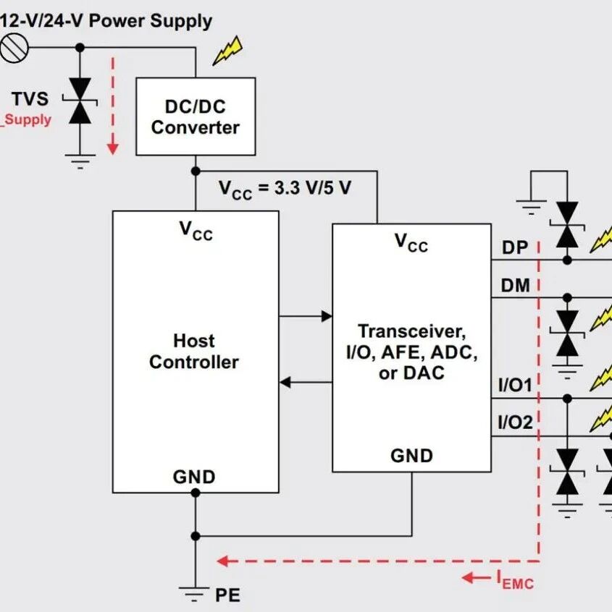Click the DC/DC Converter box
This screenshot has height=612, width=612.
click(196, 116)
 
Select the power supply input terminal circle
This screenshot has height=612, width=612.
click(14, 48)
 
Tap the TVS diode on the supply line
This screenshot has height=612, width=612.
click(80, 101)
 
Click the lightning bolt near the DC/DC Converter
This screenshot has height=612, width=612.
click(227, 51)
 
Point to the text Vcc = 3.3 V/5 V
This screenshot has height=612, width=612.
click(285, 190)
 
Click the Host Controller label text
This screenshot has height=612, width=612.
click(194, 352)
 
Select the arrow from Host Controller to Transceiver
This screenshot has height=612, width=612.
click(306, 316)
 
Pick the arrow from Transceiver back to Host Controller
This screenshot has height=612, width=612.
click(306, 382)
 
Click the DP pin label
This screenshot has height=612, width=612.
click(515, 247)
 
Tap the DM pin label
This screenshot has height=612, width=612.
click(516, 286)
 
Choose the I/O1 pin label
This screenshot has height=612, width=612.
click(515, 386)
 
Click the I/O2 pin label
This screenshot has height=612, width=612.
click(515, 422)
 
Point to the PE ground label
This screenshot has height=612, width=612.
click(227, 595)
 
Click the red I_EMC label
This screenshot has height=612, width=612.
click(515, 580)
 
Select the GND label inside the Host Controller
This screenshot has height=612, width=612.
click(194, 477)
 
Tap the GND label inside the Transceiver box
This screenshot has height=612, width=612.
click(411, 456)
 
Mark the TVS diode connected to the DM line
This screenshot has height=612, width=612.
click(567, 333)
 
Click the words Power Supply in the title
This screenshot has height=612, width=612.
click(151, 21)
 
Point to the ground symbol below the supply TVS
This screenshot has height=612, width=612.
click(80, 161)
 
